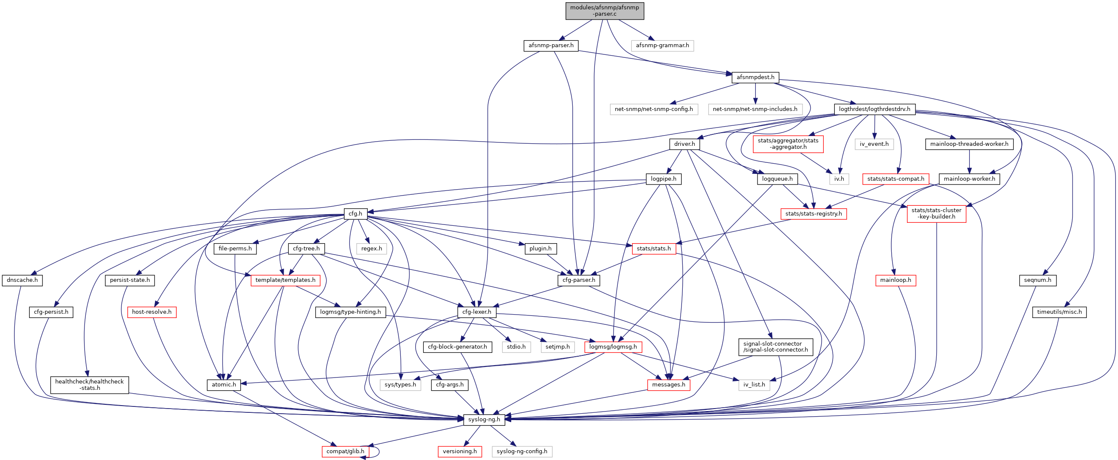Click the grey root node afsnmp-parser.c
pyautogui.click(x=604, y=11)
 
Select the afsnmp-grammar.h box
pyautogui.click(x=662, y=45)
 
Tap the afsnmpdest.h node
pyautogui.click(x=755, y=77)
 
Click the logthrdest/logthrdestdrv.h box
pyautogui.click(x=875, y=109)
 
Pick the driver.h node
pyautogui.click(x=684, y=144)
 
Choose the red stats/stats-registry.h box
pyautogui.click(x=813, y=214)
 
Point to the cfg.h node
pyautogui.click(x=355, y=214)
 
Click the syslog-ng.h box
pyautogui.click(x=484, y=420)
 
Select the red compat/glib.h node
pyautogui.click(x=346, y=451)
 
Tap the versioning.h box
pyautogui.click(x=459, y=451)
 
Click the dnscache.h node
pyautogui.click(x=22, y=280)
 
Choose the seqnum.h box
pyautogui.click(x=1037, y=280)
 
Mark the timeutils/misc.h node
pyautogui.click(x=1059, y=312)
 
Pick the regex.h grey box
pyautogui.click(x=372, y=248)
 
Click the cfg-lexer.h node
pyautogui.click(x=476, y=312)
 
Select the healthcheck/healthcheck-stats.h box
pyautogui.click(x=90, y=385)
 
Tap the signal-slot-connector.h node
pyautogui.click(x=775, y=346)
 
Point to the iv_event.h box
pyautogui.click(x=874, y=144)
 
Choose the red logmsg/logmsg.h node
pyautogui.click(x=613, y=346)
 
